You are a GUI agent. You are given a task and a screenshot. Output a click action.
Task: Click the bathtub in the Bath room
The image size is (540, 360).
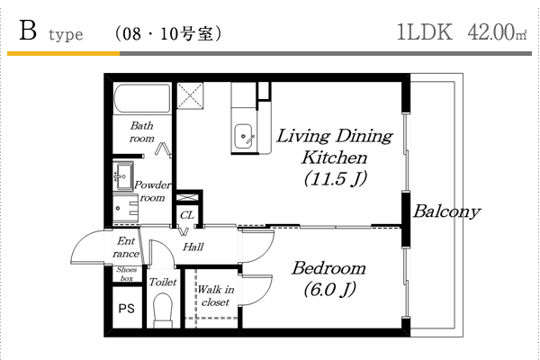click(142, 98)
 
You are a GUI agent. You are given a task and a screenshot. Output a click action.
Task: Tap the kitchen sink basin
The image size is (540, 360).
click(244, 137)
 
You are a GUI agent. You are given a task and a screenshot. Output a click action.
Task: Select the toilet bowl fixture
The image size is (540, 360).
click(163, 310)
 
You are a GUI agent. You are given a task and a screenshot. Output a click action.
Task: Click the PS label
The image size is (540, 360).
click(126, 309)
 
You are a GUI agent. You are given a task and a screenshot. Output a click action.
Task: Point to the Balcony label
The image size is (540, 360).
click(446, 211)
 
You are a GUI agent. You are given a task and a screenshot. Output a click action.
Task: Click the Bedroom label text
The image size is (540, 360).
click(328, 268)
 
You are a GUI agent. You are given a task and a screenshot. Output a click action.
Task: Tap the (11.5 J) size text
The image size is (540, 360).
click(336, 178)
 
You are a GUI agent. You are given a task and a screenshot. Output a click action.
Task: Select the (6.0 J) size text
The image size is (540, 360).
click(329, 290)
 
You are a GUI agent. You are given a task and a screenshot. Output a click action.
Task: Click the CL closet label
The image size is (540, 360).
click(187, 215)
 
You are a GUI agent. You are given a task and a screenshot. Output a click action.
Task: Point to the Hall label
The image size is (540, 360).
click(193, 247)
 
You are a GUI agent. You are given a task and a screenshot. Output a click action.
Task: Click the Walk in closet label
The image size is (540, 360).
click(216, 295)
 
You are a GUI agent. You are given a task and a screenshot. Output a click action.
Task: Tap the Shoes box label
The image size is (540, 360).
click(126, 274)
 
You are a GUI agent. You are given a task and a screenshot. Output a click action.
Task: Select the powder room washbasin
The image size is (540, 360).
click(123, 176)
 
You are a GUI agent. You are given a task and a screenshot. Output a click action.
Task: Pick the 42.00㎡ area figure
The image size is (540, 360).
click(497, 32)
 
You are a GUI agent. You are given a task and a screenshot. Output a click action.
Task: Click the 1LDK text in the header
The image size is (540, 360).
click(425, 32)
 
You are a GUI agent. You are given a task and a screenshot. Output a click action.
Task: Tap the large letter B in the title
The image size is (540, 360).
click(28, 31)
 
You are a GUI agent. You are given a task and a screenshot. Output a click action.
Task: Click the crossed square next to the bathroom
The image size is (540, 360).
click(190, 95)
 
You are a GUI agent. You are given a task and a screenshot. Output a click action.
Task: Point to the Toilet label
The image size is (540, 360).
click(163, 282)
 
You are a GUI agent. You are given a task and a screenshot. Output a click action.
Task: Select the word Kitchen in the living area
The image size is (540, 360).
click(335, 157)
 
